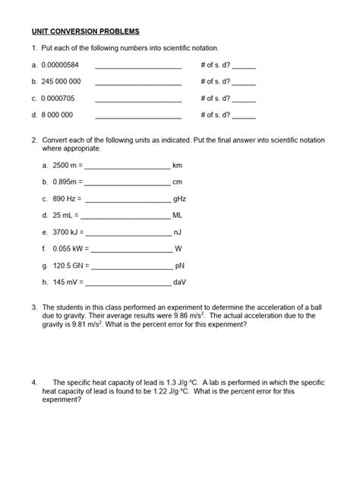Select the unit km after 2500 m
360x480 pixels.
click(178, 165)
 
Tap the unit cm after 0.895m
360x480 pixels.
click(178, 182)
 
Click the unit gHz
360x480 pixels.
click(179, 198)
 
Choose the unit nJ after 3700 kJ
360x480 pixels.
click(178, 232)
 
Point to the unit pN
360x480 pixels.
click(179, 266)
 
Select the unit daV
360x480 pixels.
click(180, 283)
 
